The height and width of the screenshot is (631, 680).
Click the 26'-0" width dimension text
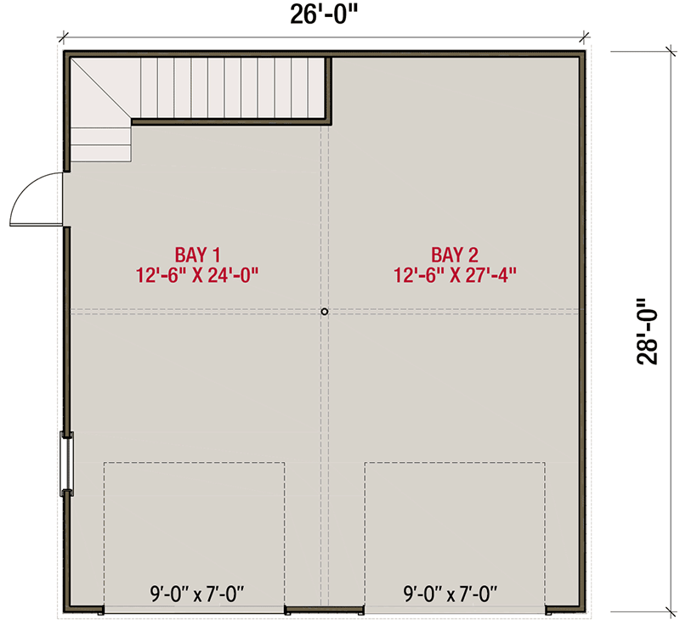pyautogui.click(x=324, y=15)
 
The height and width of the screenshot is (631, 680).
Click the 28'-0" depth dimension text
pyautogui.click(x=648, y=331)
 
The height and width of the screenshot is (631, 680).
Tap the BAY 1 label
pyautogui.click(x=198, y=255)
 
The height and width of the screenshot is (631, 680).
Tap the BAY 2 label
pyautogui.click(x=455, y=255)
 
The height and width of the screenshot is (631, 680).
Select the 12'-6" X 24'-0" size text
pyautogui.click(x=197, y=275)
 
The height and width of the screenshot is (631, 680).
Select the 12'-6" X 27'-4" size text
pyautogui.click(x=455, y=275)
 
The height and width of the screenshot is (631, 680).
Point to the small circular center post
pyautogui.click(x=325, y=312)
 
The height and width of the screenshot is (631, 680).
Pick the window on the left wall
pyautogui.click(x=67, y=464)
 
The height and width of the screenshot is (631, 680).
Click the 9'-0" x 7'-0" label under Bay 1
pyautogui.click(x=197, y=594)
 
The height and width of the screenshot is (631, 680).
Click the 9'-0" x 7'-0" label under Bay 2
pyautogui.click(x=450, y=594)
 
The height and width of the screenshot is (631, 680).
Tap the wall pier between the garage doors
pyautogui.click(x=325, y=610)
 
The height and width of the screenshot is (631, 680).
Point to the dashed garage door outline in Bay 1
pyautogui.click(x=195, y=463)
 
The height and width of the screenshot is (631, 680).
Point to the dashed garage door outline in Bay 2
pyautogui.click(x=455, y=463)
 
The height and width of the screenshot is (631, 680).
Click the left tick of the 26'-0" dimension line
pyautogui.click(x=65, y=37)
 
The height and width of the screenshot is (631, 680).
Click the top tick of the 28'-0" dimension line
pyautogui.click(x=671, y=51)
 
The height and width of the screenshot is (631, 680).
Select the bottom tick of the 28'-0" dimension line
pyautogui.click(x=671, y=611)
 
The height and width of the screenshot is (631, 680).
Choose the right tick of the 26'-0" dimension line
pyautogui.click(x=585, y=37)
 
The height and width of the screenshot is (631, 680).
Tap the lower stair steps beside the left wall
pyautogui.click(x=100, y=144)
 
